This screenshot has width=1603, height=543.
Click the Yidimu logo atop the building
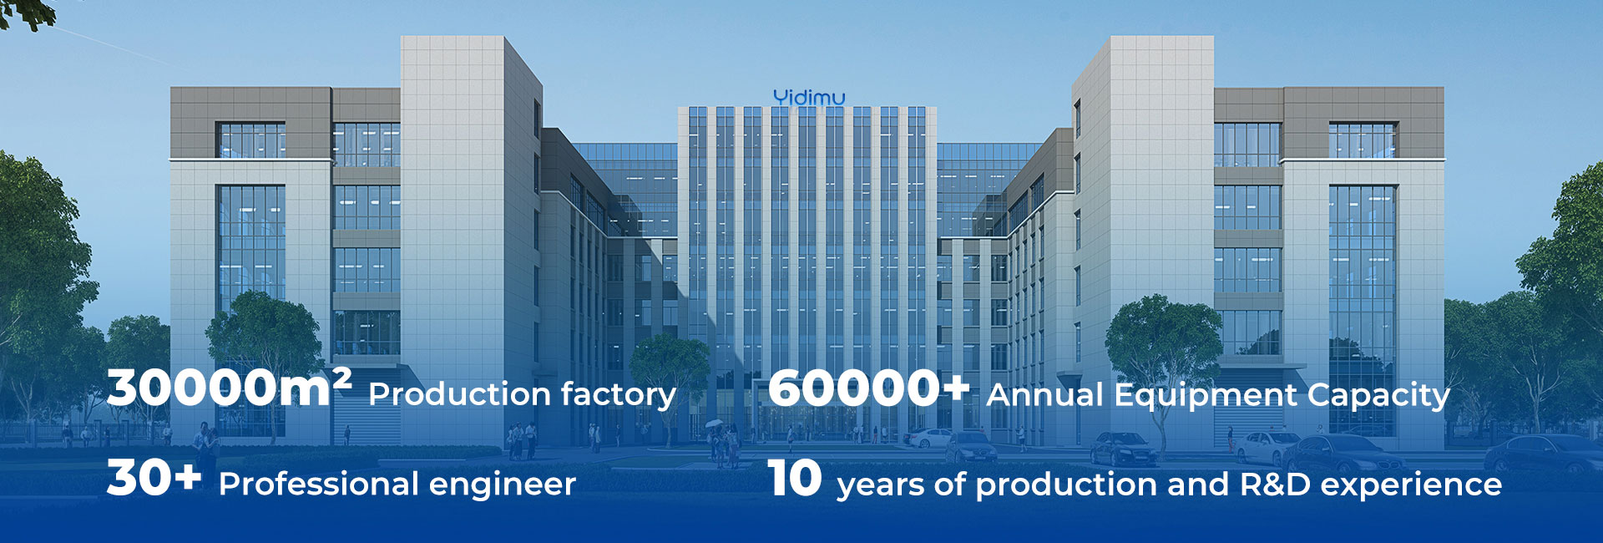[808, 97]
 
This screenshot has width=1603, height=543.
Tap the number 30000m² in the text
[230, 388]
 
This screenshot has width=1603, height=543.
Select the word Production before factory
[458, 394]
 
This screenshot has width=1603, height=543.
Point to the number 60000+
[868, 388]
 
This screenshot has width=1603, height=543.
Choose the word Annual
[1045, 394]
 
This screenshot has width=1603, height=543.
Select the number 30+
[154, 479]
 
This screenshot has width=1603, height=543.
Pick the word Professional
[318, 485]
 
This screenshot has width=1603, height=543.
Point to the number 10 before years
[795, 479]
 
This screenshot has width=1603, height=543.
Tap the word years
[879, 487]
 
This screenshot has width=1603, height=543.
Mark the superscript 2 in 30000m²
[341, 378]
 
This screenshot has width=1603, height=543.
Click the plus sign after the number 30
[185, 476]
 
